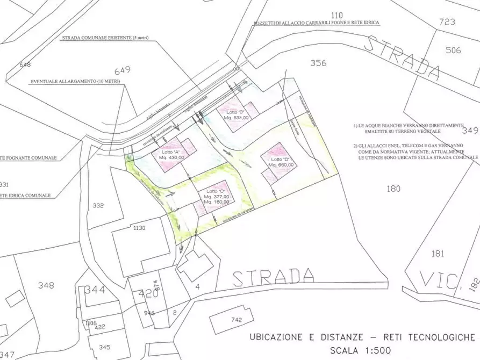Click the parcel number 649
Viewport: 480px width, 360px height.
[123, 70]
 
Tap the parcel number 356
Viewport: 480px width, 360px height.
[318, 63]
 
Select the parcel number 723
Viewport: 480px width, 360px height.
[447, 22]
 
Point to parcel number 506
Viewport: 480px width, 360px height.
[453, 51]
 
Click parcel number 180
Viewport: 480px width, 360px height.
[393, 188]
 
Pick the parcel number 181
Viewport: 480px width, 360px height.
[438, 253]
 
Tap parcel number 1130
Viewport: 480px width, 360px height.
[139, 228]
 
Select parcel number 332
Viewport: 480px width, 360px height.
[98, 205]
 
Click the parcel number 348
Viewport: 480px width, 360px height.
[46, 285]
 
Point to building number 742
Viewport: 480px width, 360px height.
[237, 320]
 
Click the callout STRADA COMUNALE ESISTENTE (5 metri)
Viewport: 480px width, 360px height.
[105, 38]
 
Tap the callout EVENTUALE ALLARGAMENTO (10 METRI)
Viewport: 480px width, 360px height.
[75, 81]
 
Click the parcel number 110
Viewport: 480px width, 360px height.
[337, 15]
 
